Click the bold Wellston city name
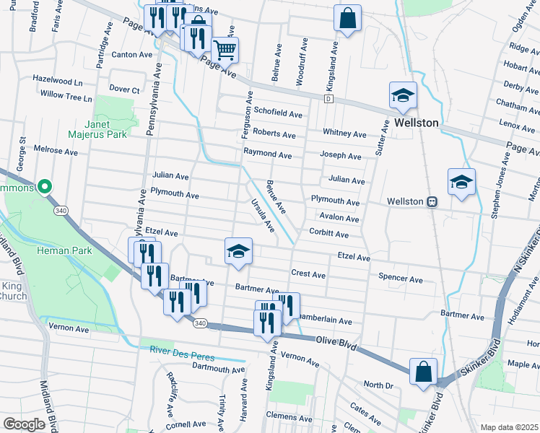click(x=417, y=123)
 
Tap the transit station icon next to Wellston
click(x=432, y=202)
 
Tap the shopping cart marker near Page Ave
click(x=225, y=50)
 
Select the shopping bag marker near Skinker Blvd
click(x=424, y=372)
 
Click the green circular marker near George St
click(x=44, y=188)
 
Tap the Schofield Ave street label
click(x=278, y=114)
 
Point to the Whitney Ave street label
click(x=344, y=134)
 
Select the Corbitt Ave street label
click(x=328, y=235)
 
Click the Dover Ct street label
click(x=124, y=90)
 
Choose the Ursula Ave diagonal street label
click(x=262, y=215)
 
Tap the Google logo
click(x=25, y=424)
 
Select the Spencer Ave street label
click(x=400, y=279)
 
